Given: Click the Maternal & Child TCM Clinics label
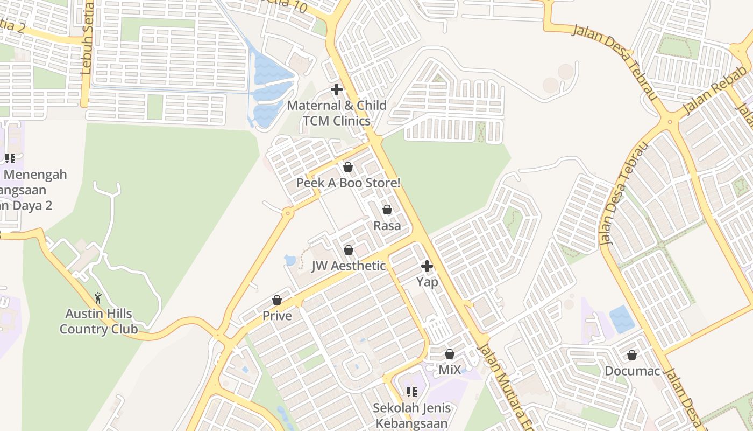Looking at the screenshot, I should click(337, 113).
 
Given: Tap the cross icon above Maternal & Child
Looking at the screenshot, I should click(337, 89).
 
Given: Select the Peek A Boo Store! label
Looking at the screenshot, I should click(349, 183).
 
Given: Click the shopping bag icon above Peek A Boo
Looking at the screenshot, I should click(348, 167).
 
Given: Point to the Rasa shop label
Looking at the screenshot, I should click(387, 226).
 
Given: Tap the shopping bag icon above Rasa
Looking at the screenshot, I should click(387, 210).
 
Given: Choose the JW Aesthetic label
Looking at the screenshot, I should click(349, 266).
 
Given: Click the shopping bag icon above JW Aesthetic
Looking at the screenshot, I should click(349, 250).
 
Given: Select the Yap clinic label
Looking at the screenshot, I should click(427, 282).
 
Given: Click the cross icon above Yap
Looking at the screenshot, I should click(427, 266).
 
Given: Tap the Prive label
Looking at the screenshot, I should click(277, 316).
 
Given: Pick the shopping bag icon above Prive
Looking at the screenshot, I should click(277, 300).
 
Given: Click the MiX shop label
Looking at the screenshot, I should click(450, 370).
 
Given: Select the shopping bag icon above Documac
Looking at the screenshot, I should click(632, 355).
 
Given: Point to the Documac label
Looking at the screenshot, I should click(632, 371).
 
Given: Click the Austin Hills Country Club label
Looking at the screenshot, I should click(98, 321).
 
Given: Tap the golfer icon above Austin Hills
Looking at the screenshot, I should click(98, 298).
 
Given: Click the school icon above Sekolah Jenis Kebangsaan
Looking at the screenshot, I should click(412, 392).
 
